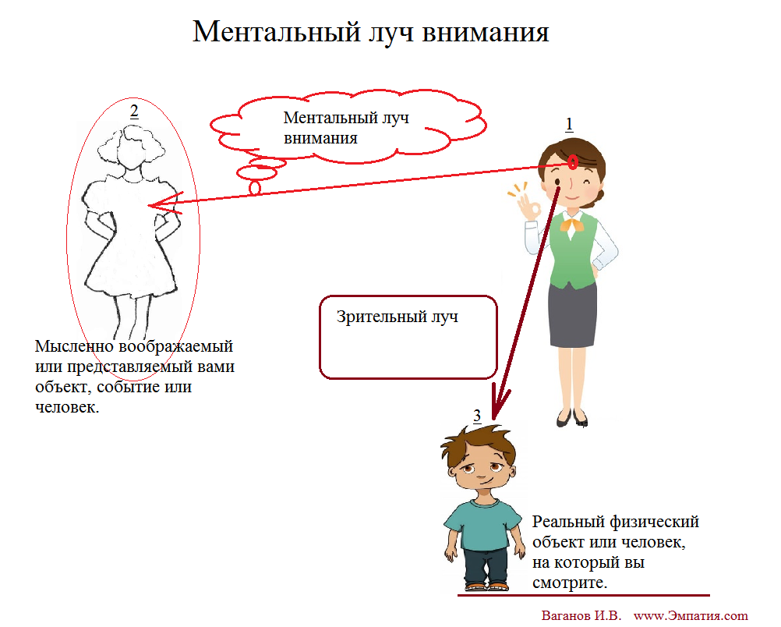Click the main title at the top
[370, 33]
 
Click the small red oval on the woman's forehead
[573, 162]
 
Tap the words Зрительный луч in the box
[397, 317]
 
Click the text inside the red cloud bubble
[346, 128]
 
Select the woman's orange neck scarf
[571, 225]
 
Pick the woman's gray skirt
[572, 315]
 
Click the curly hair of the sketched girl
[130, 143]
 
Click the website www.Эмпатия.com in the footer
[691, 616]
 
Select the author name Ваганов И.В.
[581, 616]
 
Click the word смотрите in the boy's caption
[569, 583]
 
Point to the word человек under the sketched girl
[67, 407]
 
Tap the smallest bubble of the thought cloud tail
[255, 189]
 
